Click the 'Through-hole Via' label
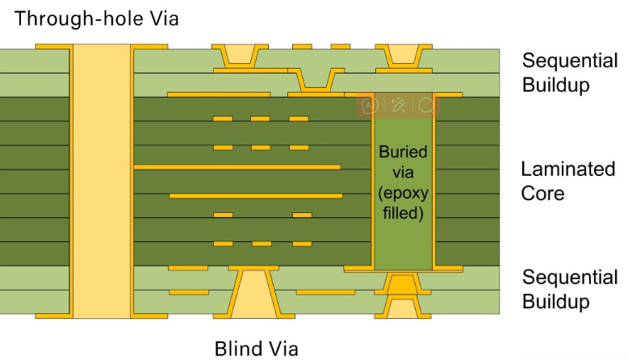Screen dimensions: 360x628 pyautogui.click(x=97, y=17)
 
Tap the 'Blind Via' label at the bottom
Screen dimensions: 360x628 pyautogui.click(x=256, y=348)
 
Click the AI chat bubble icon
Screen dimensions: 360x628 pyautogui.click(x=371, y=105)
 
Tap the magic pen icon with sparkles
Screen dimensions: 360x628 pyautogui.click(x=398, y=105)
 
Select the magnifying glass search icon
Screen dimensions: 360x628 pyautogui.click(x=425, y=105)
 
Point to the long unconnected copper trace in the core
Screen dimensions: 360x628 pyautogui.click(x=254, y=195)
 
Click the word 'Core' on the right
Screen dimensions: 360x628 pyautogui.click(x=542, y=194)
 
